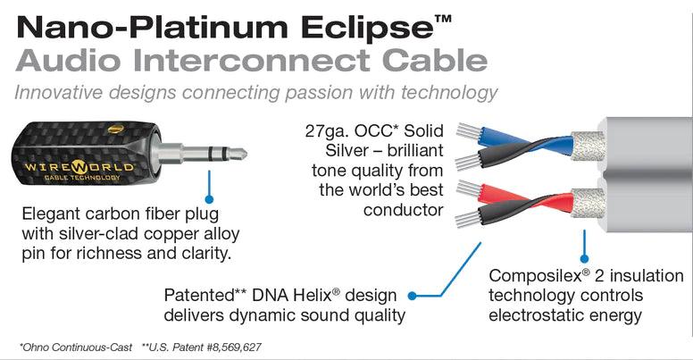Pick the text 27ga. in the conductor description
pyautogui.click(x=333, y=131)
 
